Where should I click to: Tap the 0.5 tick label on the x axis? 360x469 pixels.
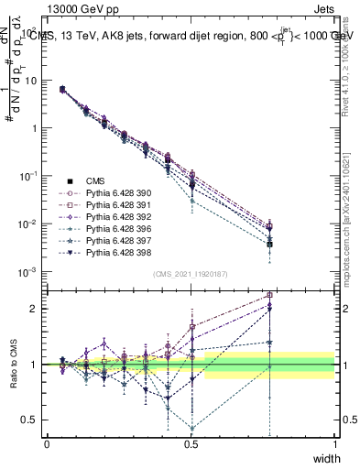click(191, 443)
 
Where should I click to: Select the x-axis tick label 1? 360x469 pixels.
click(335, 443)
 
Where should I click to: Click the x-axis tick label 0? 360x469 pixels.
click(47, 443)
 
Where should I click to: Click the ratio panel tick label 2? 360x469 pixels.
click(36, 309)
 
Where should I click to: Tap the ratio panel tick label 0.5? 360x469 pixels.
click(32, 420)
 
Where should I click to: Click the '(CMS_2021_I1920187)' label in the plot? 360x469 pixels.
click(191, 274)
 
